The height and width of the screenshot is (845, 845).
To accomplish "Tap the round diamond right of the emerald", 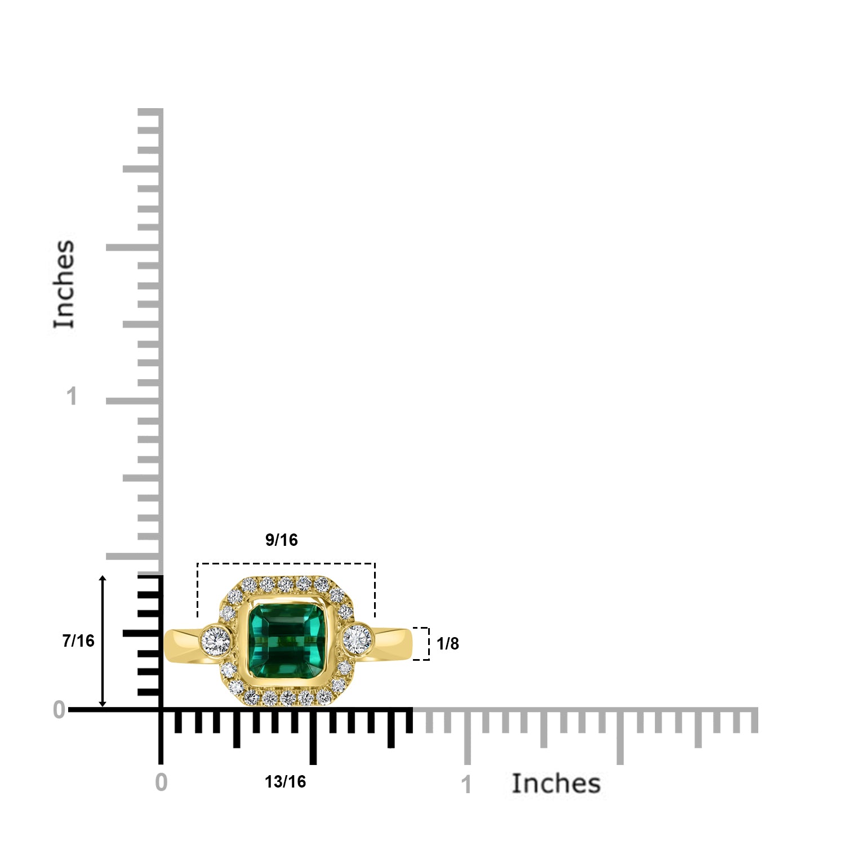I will coord(357,639).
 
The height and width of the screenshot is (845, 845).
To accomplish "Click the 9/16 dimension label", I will coord(281,540).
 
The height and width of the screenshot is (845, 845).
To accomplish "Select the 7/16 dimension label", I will coord(78,641).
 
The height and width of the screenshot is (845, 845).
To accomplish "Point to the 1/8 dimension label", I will coord(448,643).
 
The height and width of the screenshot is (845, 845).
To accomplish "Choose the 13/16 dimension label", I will coord(285,782).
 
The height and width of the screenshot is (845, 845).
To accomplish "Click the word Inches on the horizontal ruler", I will coord(555,784).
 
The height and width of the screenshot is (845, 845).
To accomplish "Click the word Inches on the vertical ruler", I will coord(64,284).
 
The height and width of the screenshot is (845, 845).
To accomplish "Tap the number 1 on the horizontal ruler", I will coord(466,785).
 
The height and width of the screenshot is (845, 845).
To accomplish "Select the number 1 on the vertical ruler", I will coord(72,397).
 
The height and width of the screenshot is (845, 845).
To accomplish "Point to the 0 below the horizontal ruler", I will coord(161,782).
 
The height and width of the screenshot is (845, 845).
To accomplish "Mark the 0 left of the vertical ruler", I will coord(59,710).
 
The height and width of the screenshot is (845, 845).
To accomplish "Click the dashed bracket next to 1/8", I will coord(428,643).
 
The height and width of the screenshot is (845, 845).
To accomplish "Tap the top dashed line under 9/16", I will coord(286,563).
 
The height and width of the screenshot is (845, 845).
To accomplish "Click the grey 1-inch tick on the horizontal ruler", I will coord(467,738).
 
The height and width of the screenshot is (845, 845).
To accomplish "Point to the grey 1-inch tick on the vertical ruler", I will coord(132,401).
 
